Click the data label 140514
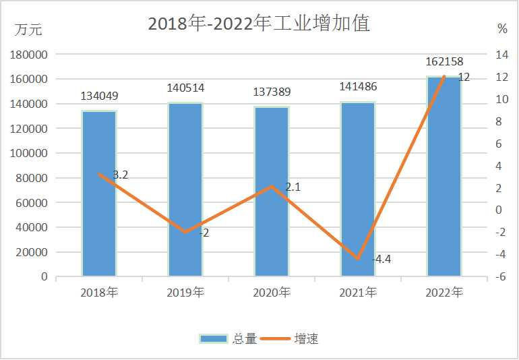coord(185,88)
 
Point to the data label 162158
coord(444,62)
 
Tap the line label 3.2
coord(121,175)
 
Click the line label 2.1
coord(293,187)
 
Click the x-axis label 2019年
coord(185,293)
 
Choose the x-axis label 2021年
coord(358,293)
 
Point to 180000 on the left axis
coord(29,55)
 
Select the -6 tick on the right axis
coord(501,277)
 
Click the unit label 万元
coord(28,29)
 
